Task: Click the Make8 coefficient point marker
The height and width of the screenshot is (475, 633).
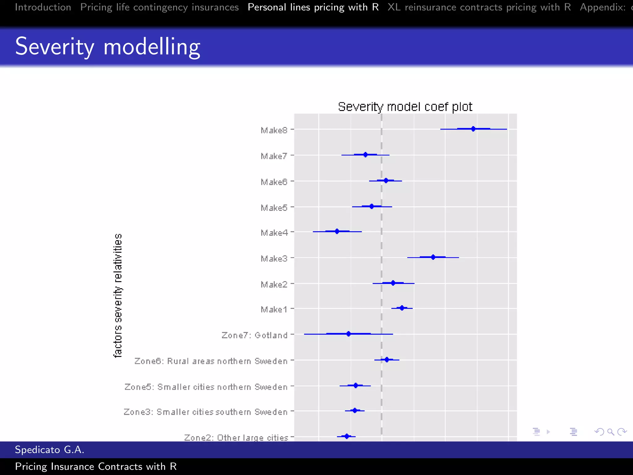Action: [473, 129]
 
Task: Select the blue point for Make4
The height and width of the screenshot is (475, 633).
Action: [337, 231]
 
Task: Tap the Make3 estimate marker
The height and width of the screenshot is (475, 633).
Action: [433, 257]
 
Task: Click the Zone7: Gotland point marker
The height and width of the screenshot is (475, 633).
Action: [348, 334]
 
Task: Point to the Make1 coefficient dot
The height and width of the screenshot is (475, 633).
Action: [402, 308]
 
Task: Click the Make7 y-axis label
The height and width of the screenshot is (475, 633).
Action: [274, 156]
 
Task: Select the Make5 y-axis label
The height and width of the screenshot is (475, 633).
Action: [274, 208]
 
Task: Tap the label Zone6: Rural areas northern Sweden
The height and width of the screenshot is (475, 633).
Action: [211, 361]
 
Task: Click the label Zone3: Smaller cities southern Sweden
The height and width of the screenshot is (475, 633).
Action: [206, 412]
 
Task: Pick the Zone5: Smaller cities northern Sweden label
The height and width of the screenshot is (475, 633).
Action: [206, 387]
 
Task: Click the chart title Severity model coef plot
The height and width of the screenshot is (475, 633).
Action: [405, 107]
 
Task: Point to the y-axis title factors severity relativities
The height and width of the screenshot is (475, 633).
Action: [118, 296]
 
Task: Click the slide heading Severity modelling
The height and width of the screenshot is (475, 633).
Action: [108, 46]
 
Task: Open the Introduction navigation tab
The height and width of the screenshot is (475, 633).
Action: [43, 7]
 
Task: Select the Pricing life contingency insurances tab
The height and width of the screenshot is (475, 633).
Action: [159, 7]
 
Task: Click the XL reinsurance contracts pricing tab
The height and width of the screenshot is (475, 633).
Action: [479, 7]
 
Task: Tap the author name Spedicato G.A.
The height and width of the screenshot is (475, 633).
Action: [49, 450]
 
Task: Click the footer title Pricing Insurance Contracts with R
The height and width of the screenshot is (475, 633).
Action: [96, 466]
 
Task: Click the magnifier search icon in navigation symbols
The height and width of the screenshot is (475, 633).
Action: [610, 432]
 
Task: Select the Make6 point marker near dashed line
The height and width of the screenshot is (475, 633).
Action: [386, 181]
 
